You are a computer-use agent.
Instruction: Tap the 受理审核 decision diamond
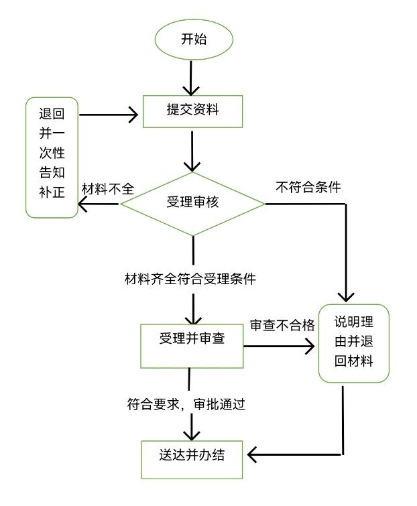tap(193, 202)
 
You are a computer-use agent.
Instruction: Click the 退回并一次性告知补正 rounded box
tap(51, 158)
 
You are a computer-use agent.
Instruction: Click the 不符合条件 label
tap(308, 188)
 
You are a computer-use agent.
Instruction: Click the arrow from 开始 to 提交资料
tap(192, 76)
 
